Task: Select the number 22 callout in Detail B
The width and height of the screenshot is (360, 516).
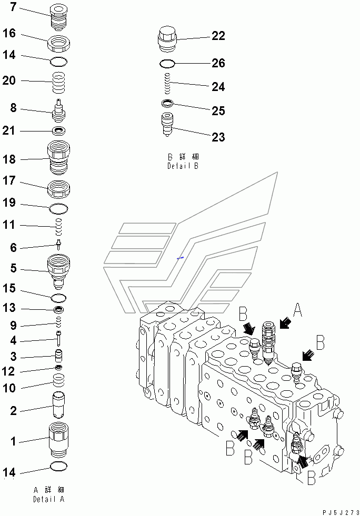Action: [218, 36]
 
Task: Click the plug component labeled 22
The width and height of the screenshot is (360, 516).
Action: [166, 38]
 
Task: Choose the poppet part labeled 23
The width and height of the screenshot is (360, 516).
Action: [167, 125]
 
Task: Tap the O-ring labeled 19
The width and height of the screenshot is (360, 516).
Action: [58, 209]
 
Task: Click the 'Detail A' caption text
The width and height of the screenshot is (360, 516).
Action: [48, 494]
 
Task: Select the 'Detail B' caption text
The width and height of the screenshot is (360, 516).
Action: [182, 161]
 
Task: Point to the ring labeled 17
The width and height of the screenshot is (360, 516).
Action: [58, 187]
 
